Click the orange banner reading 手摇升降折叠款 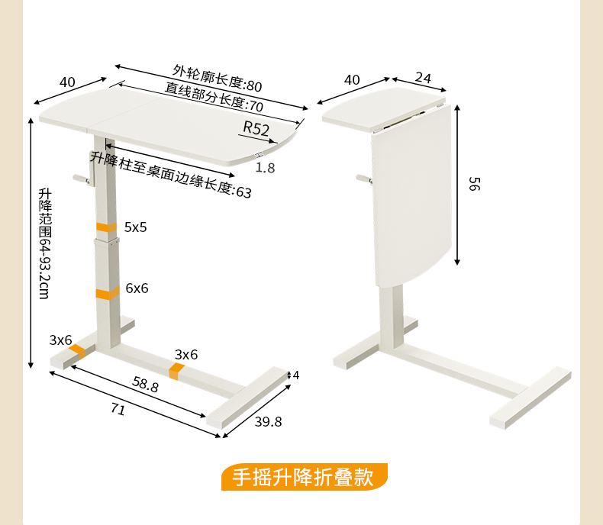(304, 478)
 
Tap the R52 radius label (257, 128)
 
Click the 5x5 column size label (136, 227)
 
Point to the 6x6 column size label (137, 288)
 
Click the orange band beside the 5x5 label (106, 227)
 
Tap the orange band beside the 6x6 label (107, 291)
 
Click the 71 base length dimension (118, 410)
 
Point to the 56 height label (474, 184)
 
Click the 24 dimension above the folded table (423, 77)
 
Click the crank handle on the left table (80, 179)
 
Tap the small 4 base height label (296, 375)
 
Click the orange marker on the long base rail (177, 372)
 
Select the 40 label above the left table (67, 82)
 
